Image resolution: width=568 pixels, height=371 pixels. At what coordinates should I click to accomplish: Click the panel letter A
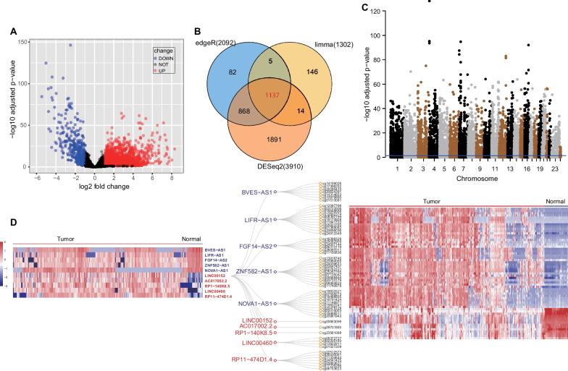coord(14,32)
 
